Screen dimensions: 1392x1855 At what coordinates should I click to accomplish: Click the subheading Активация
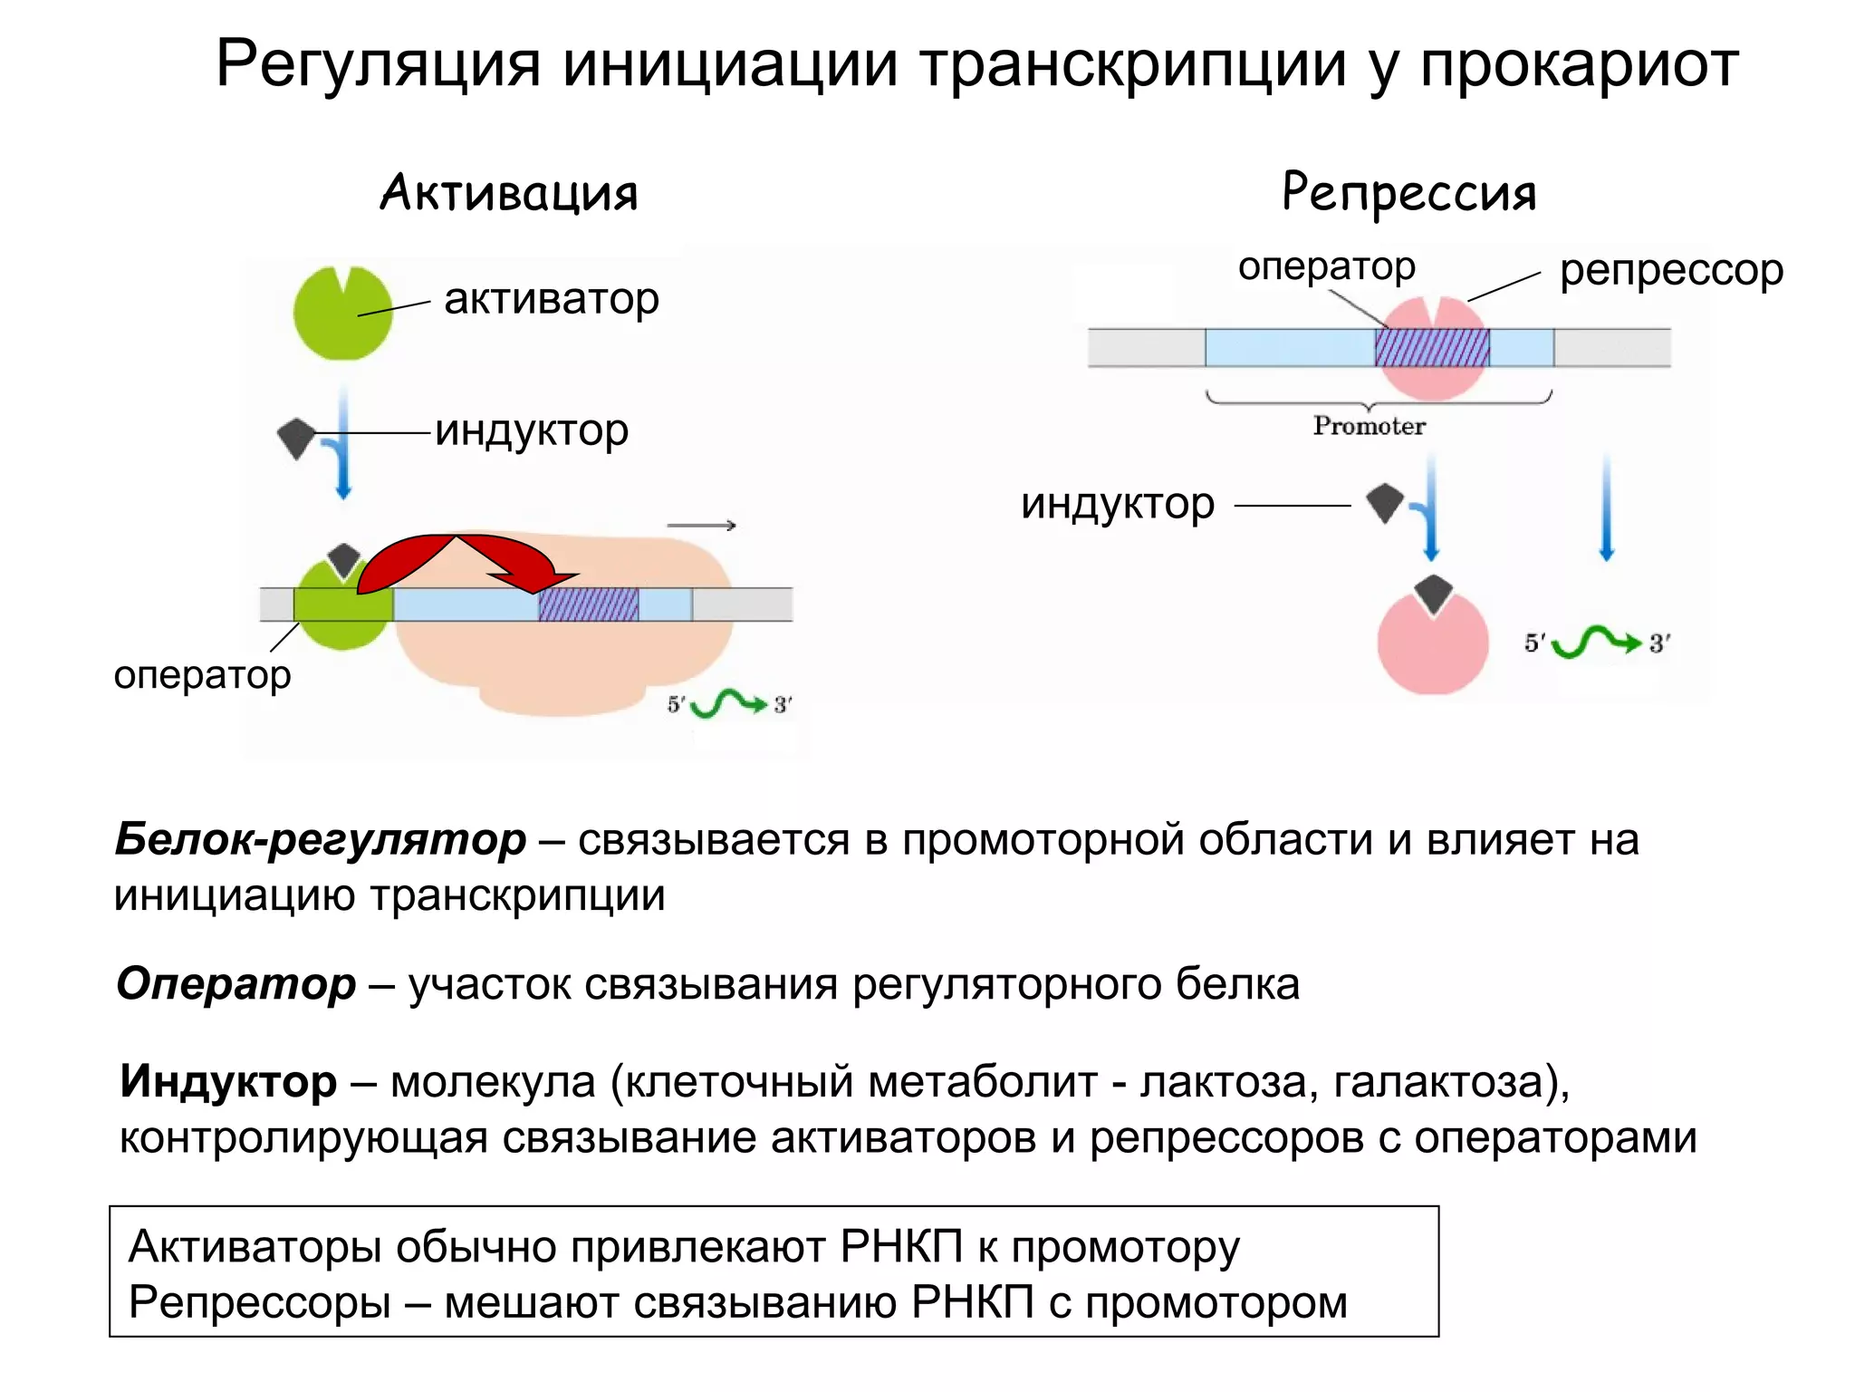click(x=509, y=193)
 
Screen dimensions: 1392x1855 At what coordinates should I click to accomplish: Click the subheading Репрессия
click(x=1409, y=193)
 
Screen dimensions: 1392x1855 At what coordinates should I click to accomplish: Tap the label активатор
click(x=552, y=299)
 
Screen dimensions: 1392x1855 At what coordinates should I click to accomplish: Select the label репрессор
click(x=1671, y=270)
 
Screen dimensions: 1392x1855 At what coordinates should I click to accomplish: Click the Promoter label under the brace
click(x=1369, y=426)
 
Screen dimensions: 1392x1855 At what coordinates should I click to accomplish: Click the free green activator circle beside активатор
click(x=342, y=314)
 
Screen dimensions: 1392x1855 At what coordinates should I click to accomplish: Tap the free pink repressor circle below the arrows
click(x=1432, y=644)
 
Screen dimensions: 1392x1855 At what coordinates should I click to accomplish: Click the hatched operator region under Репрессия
click(x=1431, y=347)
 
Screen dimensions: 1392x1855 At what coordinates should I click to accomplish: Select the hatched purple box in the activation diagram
click(x=588, y=604)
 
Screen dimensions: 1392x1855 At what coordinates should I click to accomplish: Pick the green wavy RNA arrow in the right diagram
click(x=1596, y=643)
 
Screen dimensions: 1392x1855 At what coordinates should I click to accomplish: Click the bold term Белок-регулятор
click(x=321, y=839)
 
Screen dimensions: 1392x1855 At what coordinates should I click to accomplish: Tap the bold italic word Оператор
click(x=236, y=983)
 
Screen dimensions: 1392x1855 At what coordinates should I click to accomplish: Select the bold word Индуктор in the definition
click(x=228, y=1081)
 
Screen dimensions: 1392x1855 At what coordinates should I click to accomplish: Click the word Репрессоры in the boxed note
click(x=260, y=1303)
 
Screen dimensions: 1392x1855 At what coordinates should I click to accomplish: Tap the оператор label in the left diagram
click(x=202, y=675)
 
